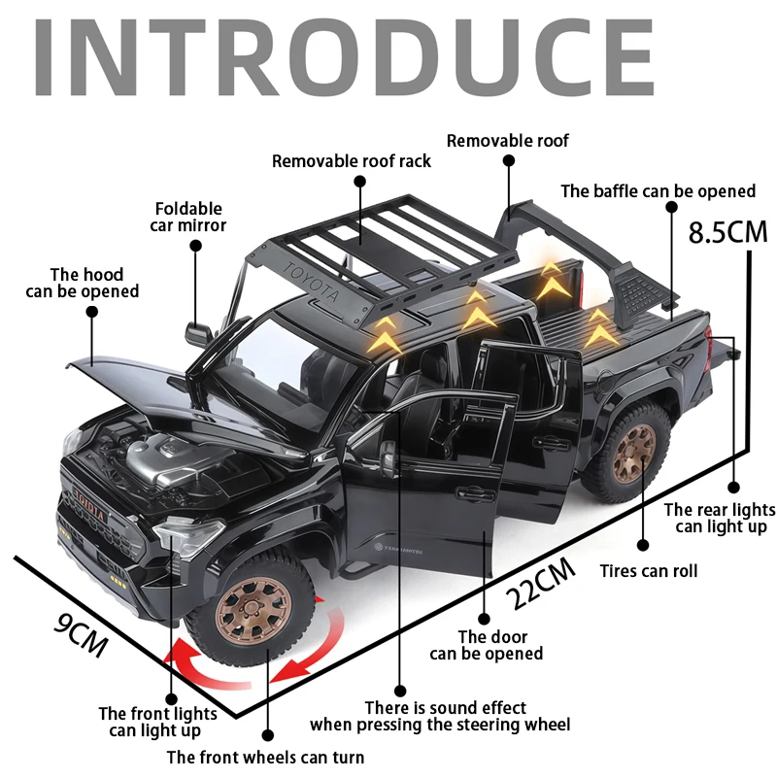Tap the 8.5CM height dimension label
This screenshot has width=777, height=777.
click(x=727, y=233)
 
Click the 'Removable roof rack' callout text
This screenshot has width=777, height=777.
click(x=352, y=161)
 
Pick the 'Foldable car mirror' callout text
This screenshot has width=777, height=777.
click(x=188, y=217)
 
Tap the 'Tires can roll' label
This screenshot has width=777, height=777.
click(x=648, y=571)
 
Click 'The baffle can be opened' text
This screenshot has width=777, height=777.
click(x=658, y=191)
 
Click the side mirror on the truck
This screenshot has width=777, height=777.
click(x=199, y=333)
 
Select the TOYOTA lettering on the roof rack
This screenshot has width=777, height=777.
click(x=314, y=282)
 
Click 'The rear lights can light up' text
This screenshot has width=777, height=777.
click(x=720, y=518)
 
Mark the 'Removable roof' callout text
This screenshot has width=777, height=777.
click(x=508, y=141)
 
